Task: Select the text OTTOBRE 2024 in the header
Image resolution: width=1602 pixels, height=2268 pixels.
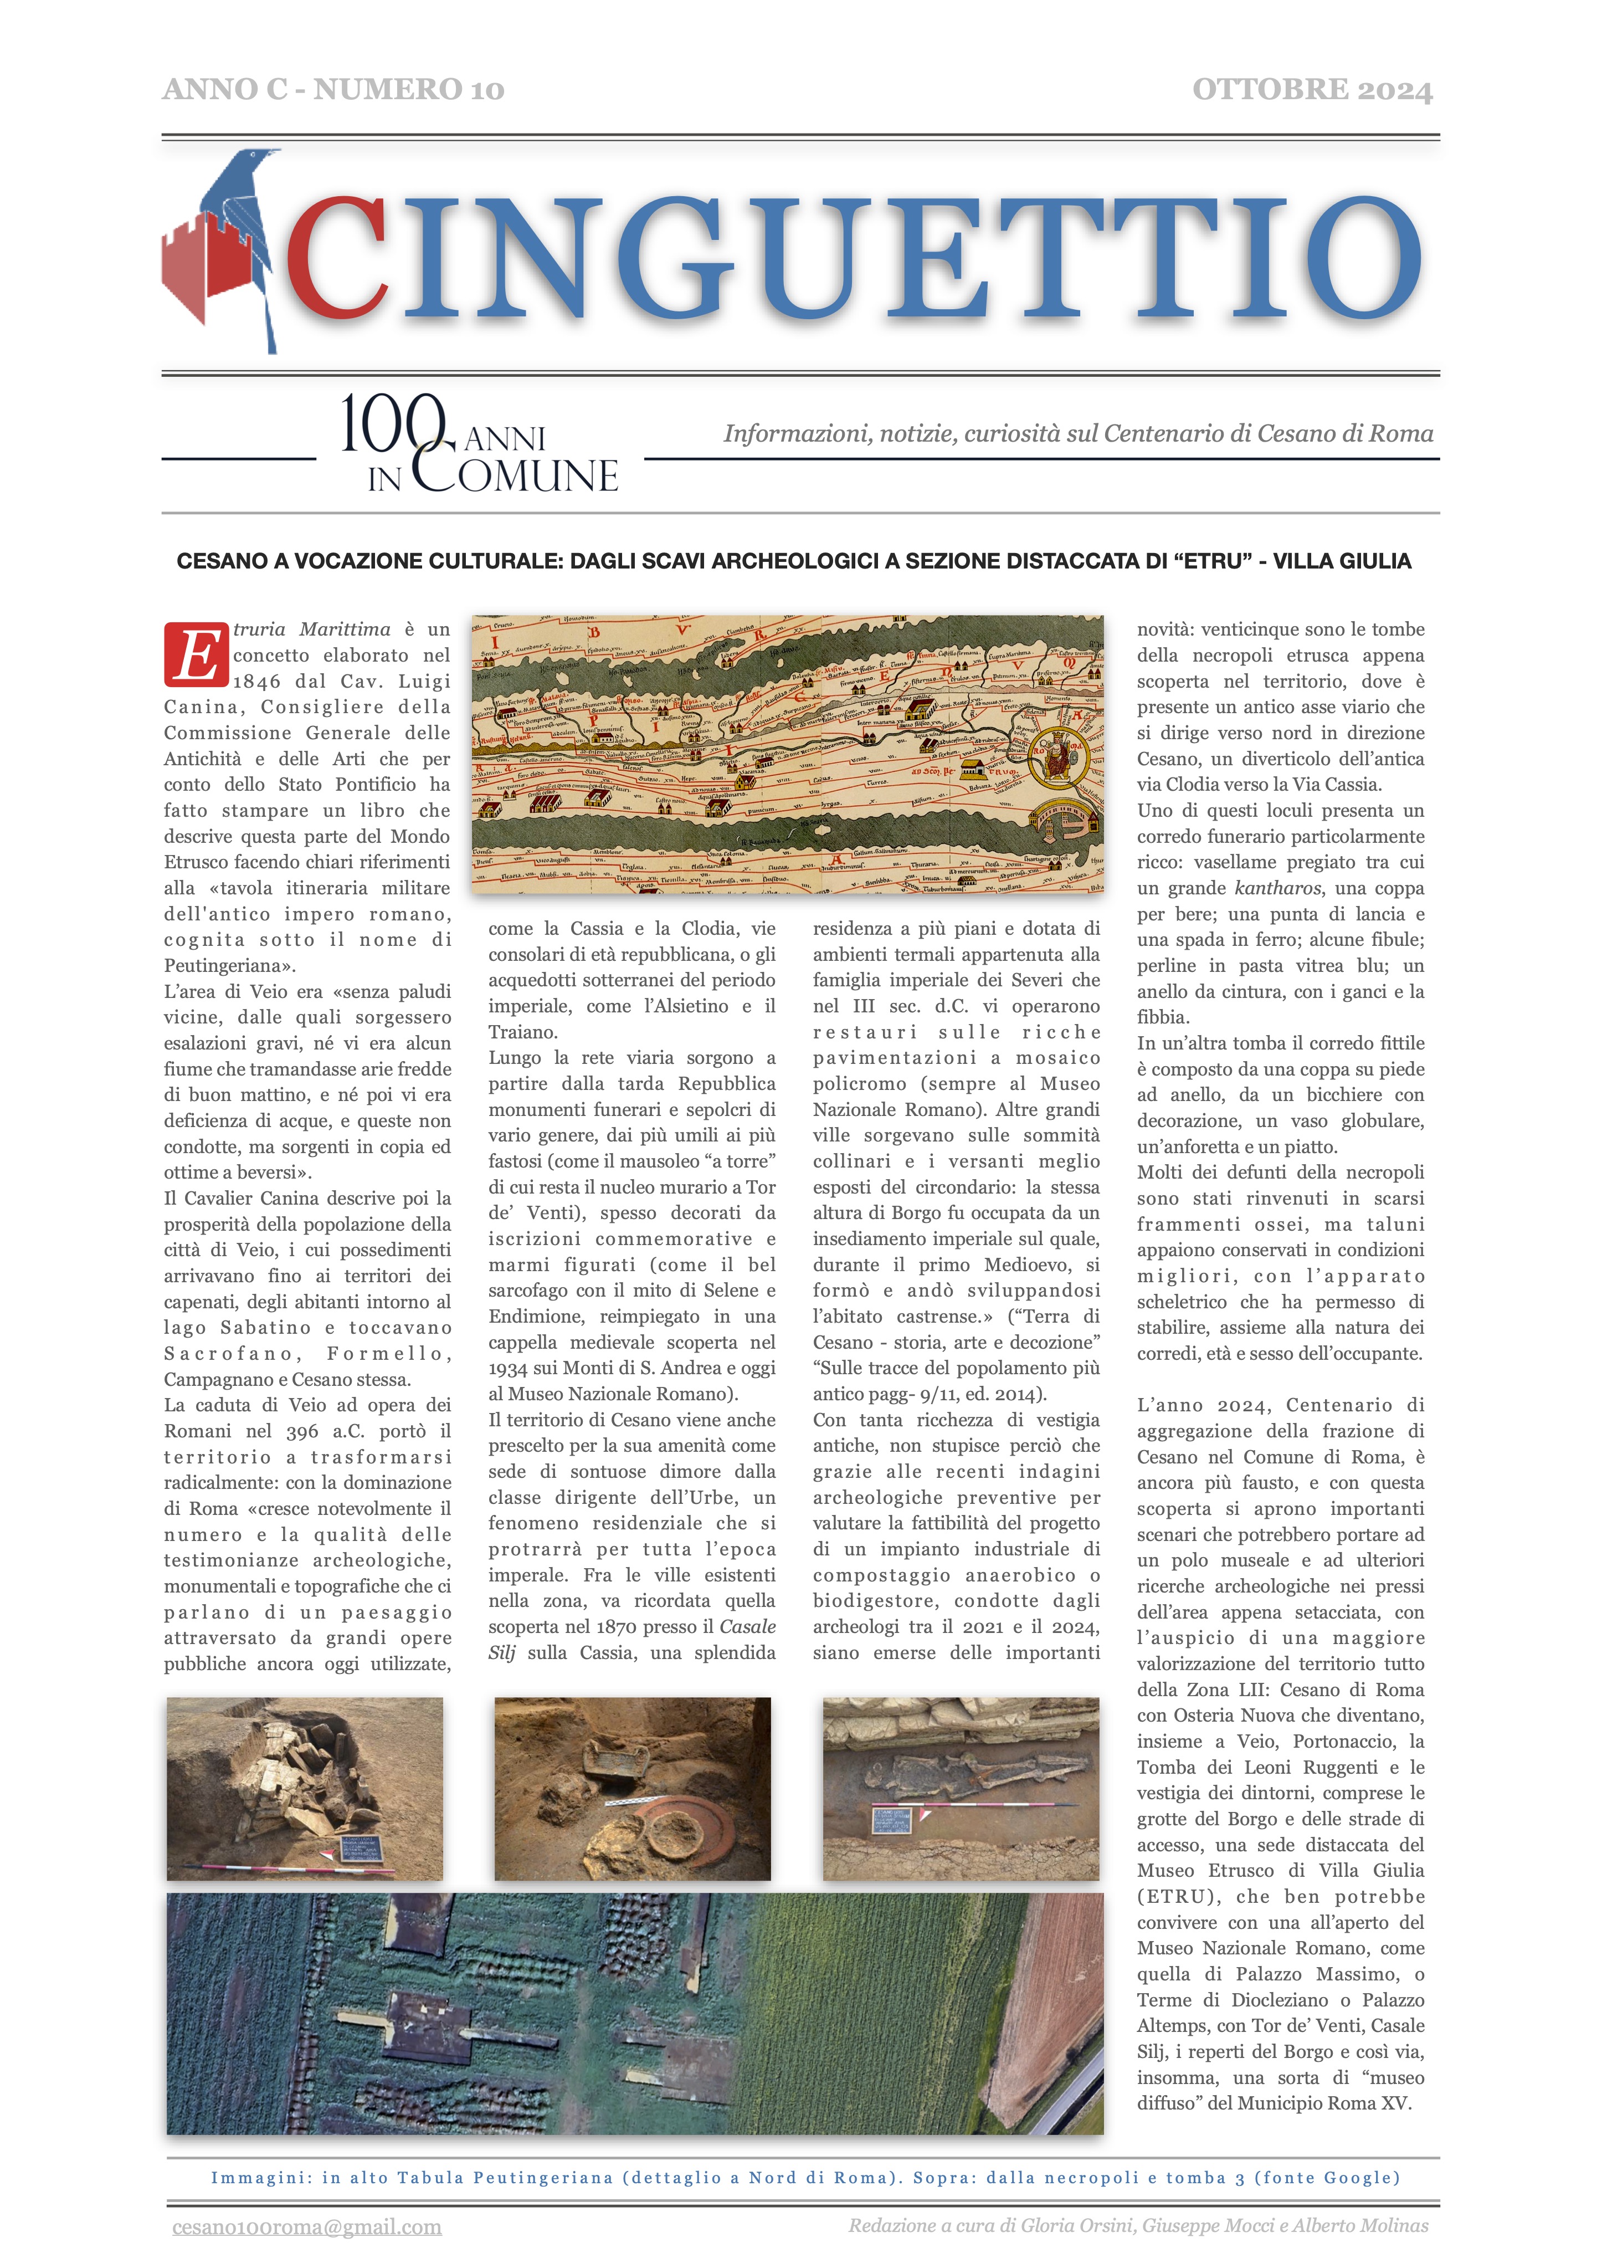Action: (1312, 90)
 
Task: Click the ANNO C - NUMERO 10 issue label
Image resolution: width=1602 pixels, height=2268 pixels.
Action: (333, 90)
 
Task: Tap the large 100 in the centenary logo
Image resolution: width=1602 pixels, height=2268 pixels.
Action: (390, 425)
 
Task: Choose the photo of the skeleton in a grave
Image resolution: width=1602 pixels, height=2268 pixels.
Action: (960, 1789)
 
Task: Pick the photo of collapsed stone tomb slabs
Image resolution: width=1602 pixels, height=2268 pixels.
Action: (304, 1789)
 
